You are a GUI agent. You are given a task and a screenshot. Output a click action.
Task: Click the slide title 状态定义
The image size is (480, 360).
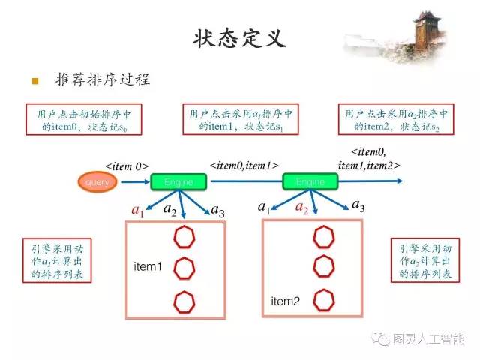click(240, 37)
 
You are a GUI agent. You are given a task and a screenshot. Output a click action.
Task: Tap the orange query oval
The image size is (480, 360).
click(97, 182)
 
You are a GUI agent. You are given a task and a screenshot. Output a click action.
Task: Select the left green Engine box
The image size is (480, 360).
click(178, 182)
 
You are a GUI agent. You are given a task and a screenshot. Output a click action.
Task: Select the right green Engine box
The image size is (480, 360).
click(310, 182)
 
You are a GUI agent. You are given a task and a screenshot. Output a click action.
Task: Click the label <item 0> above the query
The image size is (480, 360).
click(126, 166)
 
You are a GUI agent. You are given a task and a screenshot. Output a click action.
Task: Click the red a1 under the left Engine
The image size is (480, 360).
click(136, 211)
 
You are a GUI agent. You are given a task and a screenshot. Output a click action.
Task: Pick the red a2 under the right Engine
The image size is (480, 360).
click(301, 208)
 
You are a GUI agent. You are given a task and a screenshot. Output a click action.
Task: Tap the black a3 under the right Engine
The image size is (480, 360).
click(358, 206)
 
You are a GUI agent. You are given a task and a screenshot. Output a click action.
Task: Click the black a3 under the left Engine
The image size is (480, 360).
click(217, 211)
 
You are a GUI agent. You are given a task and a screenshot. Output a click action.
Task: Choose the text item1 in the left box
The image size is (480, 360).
click(148, 267)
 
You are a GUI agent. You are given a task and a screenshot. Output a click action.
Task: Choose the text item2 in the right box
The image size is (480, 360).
click(285, 301)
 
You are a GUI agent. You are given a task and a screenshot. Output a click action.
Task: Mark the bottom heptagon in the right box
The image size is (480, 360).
click(323, 299)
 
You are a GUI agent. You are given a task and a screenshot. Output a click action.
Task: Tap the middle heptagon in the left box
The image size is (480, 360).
click(184, 267)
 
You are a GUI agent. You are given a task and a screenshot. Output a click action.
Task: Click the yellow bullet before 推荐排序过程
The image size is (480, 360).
click(34, 80)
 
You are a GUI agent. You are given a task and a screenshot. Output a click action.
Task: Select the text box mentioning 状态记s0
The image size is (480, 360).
click(83, 121)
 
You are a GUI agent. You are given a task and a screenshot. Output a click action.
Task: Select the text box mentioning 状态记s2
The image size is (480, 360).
click(396, 121)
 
